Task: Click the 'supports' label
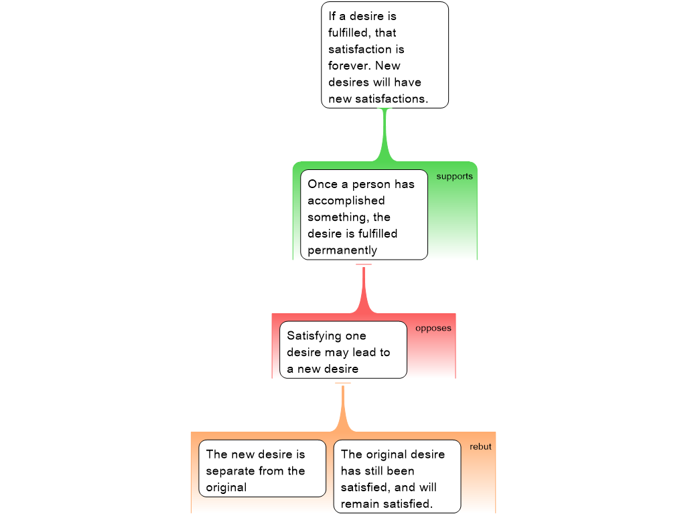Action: [455, 177]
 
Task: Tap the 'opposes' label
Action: [433, 328]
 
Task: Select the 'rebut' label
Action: [480, 446]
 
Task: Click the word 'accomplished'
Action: [346, 201]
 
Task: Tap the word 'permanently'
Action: [342, 250]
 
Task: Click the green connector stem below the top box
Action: [385, 135]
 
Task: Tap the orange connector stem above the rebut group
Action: [342, 409]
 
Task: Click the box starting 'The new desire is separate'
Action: [262, 468]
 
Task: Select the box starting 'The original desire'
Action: [397, 477]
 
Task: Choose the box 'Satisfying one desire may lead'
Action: [343, 349]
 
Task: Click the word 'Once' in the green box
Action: [322, 185]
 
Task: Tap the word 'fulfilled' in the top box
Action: [348, 33]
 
